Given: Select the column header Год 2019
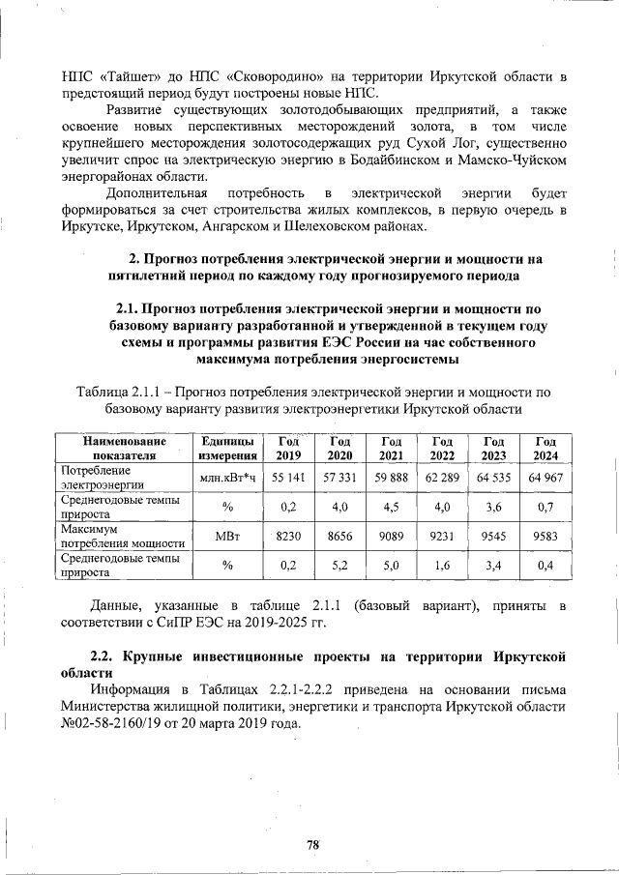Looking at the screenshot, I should click(x=288, y=449).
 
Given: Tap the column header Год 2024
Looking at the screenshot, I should click(x=545, y=449).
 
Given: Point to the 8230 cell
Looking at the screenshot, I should click(x=288, y=536).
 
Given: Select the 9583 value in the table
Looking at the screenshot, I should click(x=545, y=536).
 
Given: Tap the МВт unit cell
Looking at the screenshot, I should click(x=226, y=536).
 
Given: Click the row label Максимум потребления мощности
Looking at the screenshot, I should click(x=122, y=536).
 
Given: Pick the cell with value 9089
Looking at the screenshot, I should click(x=391, y=536).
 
